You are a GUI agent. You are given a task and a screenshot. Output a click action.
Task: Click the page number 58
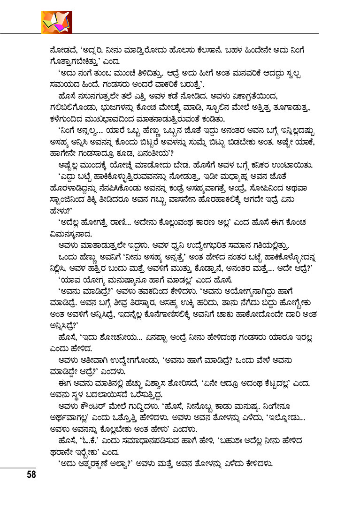[x=31, y=475]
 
